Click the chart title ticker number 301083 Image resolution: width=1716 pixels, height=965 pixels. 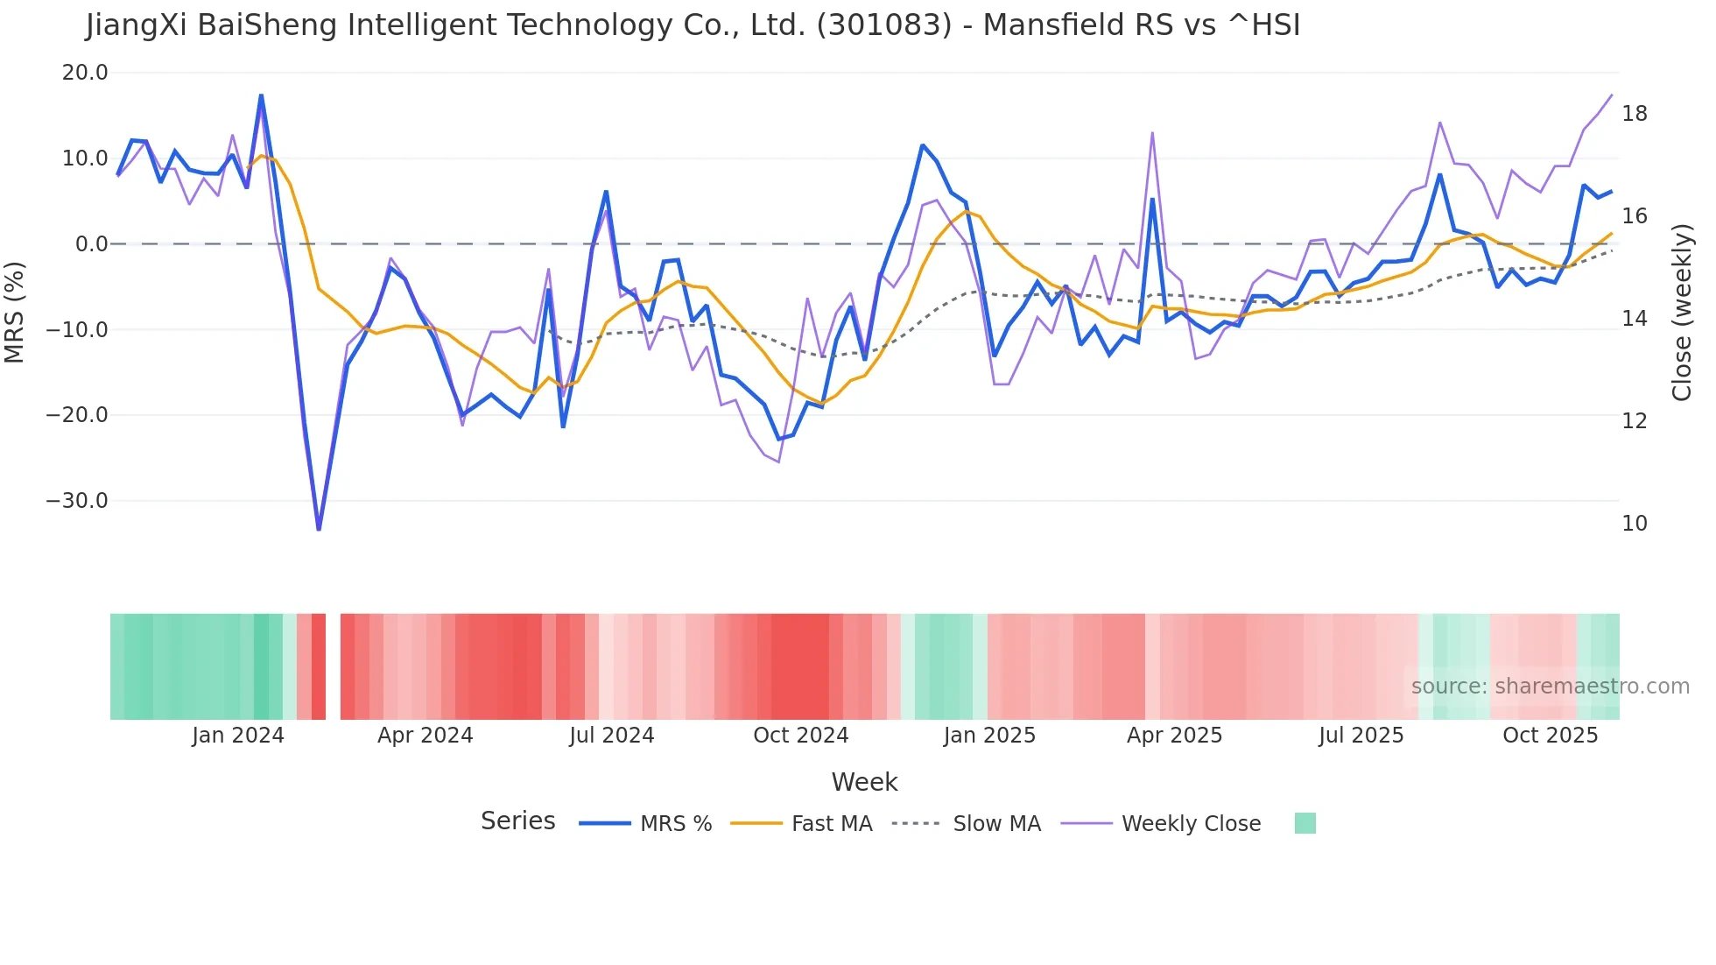[x=883, y=25]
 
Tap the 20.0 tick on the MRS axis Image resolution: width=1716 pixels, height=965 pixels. [x=85, y=73]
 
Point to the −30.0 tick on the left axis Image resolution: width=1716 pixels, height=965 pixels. [x=77, y=501]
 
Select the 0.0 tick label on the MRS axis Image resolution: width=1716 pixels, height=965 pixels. [x=92, y=244]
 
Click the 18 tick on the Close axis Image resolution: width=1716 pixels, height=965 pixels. [x=1635, y=114]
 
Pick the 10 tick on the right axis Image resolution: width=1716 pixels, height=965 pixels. [x=1635, y=524]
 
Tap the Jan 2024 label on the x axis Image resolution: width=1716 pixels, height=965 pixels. [x=238, y=736]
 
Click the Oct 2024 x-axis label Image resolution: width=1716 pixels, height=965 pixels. [x=801, y=736]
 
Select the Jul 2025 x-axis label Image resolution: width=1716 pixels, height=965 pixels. [x=1361, y=736]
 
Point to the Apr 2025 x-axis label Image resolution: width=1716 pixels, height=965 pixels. [x=1174, y=736]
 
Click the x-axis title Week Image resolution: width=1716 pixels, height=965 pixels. [x=864, y=782]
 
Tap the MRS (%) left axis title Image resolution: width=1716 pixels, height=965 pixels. [x=14, y=312]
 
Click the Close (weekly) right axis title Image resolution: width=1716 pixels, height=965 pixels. [x=1682, y=312]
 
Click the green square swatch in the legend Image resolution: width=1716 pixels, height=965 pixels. [x=1305, y=823]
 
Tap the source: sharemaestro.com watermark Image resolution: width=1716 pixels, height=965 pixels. [x=1550, y=687]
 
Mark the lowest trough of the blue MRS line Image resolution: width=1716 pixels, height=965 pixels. [x=319, y=529]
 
